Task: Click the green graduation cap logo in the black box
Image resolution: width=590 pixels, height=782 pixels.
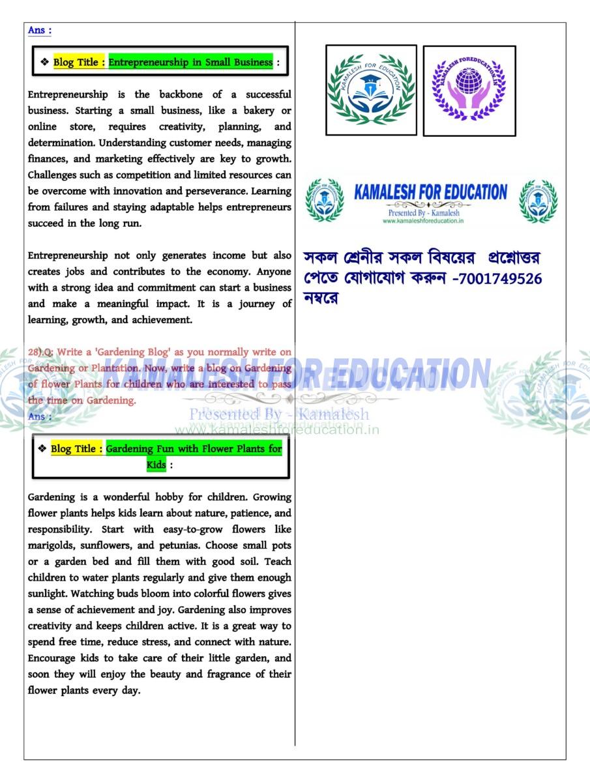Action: click(x=371, y=90)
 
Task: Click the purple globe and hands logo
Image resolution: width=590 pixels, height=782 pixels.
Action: click(x=469, y=91)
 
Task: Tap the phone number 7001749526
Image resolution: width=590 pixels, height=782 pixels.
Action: click(x=500, y=279)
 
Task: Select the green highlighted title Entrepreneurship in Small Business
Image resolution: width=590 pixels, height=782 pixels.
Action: click(x=190, y=63)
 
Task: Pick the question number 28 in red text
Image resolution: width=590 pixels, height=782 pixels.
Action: click(x=34, y=353)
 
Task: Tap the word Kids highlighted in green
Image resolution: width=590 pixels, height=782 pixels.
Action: click(x=156, y=465)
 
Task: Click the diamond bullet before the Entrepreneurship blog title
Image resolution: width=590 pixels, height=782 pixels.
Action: click(x=44, y=63)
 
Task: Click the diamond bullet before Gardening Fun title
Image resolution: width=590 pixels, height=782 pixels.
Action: click(x=42, y=449)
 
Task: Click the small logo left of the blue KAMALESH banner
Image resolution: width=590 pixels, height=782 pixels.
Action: click(x=325, y=201)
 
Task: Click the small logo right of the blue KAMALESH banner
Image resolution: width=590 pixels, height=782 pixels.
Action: click(x=538, y=201)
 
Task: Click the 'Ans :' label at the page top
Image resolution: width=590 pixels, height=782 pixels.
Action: click(x=40, y=31)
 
